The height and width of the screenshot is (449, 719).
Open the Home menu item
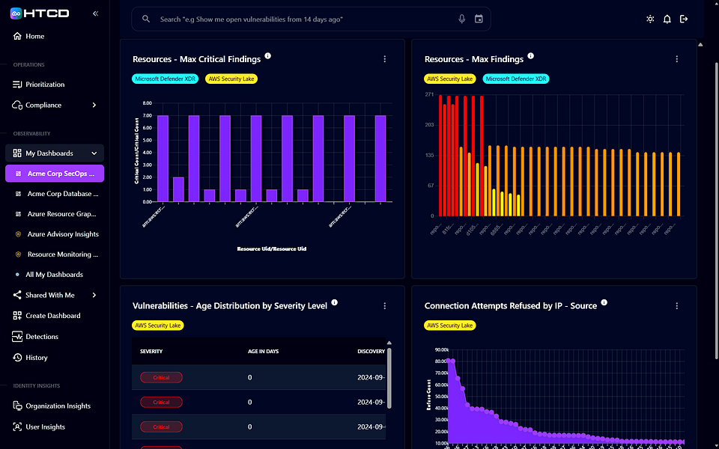pos(34,36)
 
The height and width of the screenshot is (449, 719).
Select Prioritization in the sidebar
pos(45,85)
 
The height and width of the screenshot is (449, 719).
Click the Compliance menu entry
pos(43,106)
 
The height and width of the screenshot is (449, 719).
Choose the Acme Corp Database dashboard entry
pos(63,194)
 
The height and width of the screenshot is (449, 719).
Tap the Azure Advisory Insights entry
pos(63,234)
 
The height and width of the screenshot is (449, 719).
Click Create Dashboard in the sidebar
pos(52,316)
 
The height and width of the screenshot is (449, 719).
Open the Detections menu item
pos(42,337)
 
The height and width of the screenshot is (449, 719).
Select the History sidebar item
pos(36,358)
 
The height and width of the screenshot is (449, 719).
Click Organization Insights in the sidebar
pos(58,406)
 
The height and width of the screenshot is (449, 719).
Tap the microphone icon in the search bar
pos(462,19)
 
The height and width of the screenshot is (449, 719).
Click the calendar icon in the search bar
pos(479,19)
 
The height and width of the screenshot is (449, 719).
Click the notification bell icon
pos(667,19)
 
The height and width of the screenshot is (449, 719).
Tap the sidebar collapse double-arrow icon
pos(95,13)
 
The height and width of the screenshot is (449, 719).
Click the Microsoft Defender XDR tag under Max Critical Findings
pos(166,79)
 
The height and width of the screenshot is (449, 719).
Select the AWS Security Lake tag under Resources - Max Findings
pos(450,79)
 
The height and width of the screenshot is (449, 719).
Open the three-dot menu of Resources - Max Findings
pos(676,59)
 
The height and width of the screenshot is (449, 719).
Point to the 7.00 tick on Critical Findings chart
pos(147,116)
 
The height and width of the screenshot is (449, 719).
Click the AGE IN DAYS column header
pos(263,351)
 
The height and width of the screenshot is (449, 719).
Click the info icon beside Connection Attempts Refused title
pos(604,303)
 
